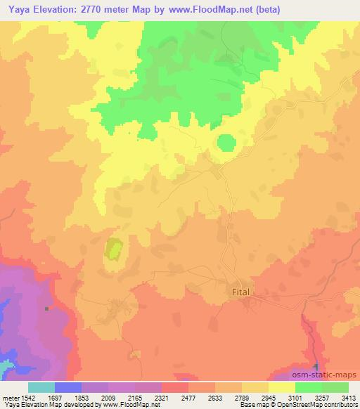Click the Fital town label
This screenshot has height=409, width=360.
click(240, 290)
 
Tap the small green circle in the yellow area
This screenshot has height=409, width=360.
click(226, 143)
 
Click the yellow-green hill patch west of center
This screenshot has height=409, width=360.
click(113, 249)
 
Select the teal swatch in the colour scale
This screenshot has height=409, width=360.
click(41, 387)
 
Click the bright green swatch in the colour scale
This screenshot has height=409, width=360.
click(308, 387)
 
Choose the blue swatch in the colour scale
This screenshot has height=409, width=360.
click(68, 387)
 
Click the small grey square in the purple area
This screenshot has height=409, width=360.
click(47, 309)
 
